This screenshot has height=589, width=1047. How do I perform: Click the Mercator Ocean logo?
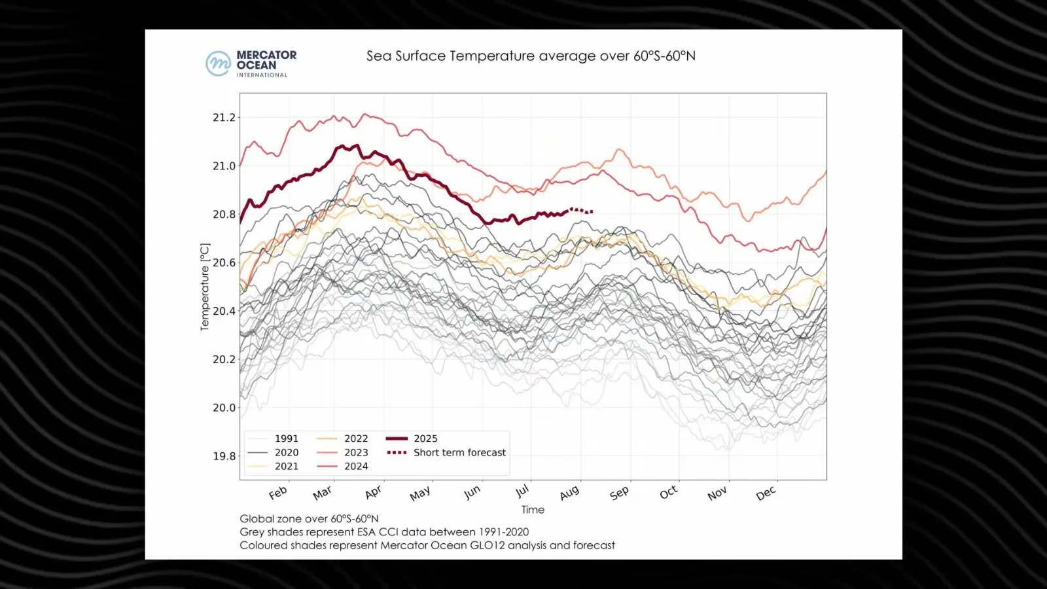[x=251, y=63]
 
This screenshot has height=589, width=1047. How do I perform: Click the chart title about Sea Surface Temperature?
[x=531, y=56]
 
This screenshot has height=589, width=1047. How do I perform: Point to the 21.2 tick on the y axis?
[x=224, y=118]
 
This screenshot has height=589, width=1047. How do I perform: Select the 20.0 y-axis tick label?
[x=224, y=408]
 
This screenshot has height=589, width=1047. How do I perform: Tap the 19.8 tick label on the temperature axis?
[x=224, y=456]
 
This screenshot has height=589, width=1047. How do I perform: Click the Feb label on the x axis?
[x=278, y=493]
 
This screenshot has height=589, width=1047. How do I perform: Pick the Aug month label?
[x=569, y=492]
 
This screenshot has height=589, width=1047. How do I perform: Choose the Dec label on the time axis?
[x=766, y=493]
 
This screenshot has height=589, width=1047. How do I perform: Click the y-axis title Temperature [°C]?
[x=205, y=287]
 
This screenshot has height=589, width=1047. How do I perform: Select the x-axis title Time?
[x=533, y=510]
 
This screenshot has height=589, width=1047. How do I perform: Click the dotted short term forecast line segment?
[x=582, y=211]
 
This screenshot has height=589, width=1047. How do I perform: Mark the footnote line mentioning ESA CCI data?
[x=384, y=532]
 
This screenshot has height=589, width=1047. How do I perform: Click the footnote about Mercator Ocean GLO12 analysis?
[x=427, y=545]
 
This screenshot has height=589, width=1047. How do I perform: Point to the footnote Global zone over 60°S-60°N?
[x=309, y=519]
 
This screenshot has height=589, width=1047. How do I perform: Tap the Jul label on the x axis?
[x=522, y=491]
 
